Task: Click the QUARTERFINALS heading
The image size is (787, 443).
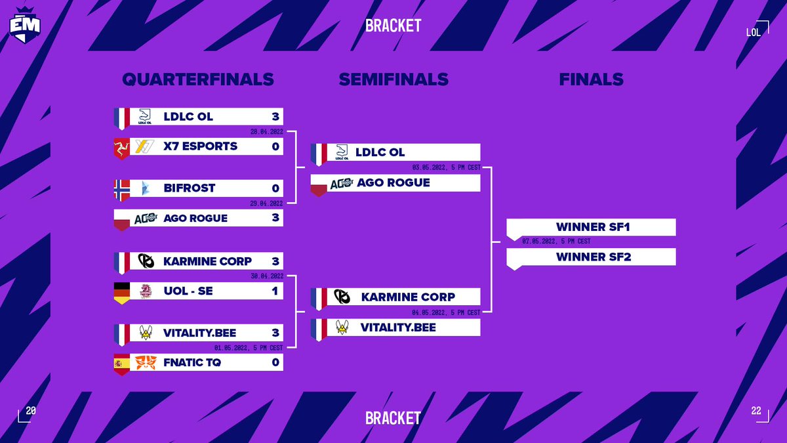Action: [x=197, y=79]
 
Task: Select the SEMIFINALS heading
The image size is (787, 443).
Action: [x=393, y=79]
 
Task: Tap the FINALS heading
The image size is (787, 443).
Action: [x=591, y=79]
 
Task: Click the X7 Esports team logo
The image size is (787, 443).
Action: [x=145, y=146]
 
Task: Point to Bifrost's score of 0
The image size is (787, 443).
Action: [x=275, y=188]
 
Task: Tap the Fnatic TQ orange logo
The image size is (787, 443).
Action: [x=145, y=362]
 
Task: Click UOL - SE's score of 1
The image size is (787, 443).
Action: [x=275, y=291]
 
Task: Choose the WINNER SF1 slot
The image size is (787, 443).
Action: [x=592, y=227]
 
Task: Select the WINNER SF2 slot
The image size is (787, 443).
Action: [x=592, y=257]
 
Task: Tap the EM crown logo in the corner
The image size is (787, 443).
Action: [x=25, y=24]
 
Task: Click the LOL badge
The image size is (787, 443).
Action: [x=754, y=32]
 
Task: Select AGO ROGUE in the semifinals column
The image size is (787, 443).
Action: [x=393, y=182]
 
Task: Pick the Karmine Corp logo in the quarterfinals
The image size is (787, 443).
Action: [x=146, y=261]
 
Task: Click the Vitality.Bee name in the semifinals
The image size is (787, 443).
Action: [x=398, y=327]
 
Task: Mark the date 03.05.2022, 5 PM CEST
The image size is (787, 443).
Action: [x=447, y=167]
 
